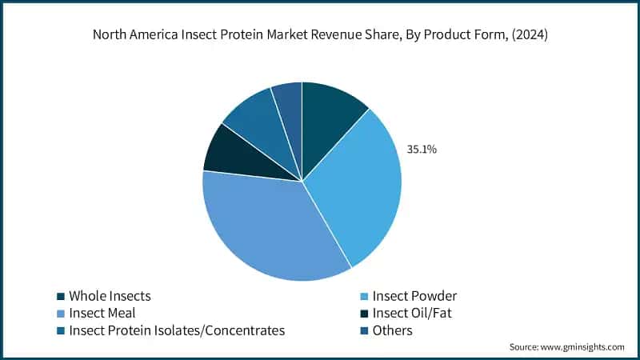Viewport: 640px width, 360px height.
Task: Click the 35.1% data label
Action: [x=422, y=149]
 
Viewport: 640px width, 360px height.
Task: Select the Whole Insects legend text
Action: [x=110, y=296]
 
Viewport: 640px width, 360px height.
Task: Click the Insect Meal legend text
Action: [x=103, y=313]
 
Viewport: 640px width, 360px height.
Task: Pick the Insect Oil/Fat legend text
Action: [x=416, y=313]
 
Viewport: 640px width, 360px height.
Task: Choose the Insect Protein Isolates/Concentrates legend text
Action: [x=177, y=330]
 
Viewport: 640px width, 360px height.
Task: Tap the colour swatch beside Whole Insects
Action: [x=61, y=297]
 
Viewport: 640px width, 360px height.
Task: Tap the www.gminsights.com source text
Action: [x=583, y=347]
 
